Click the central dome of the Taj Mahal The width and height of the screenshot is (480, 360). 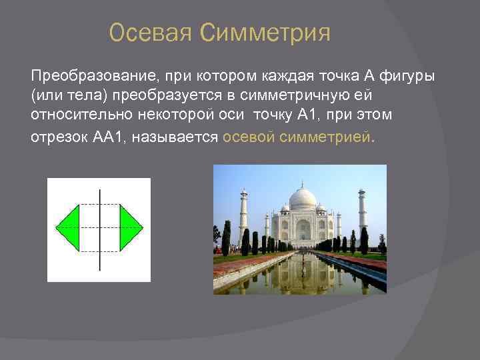302,199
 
